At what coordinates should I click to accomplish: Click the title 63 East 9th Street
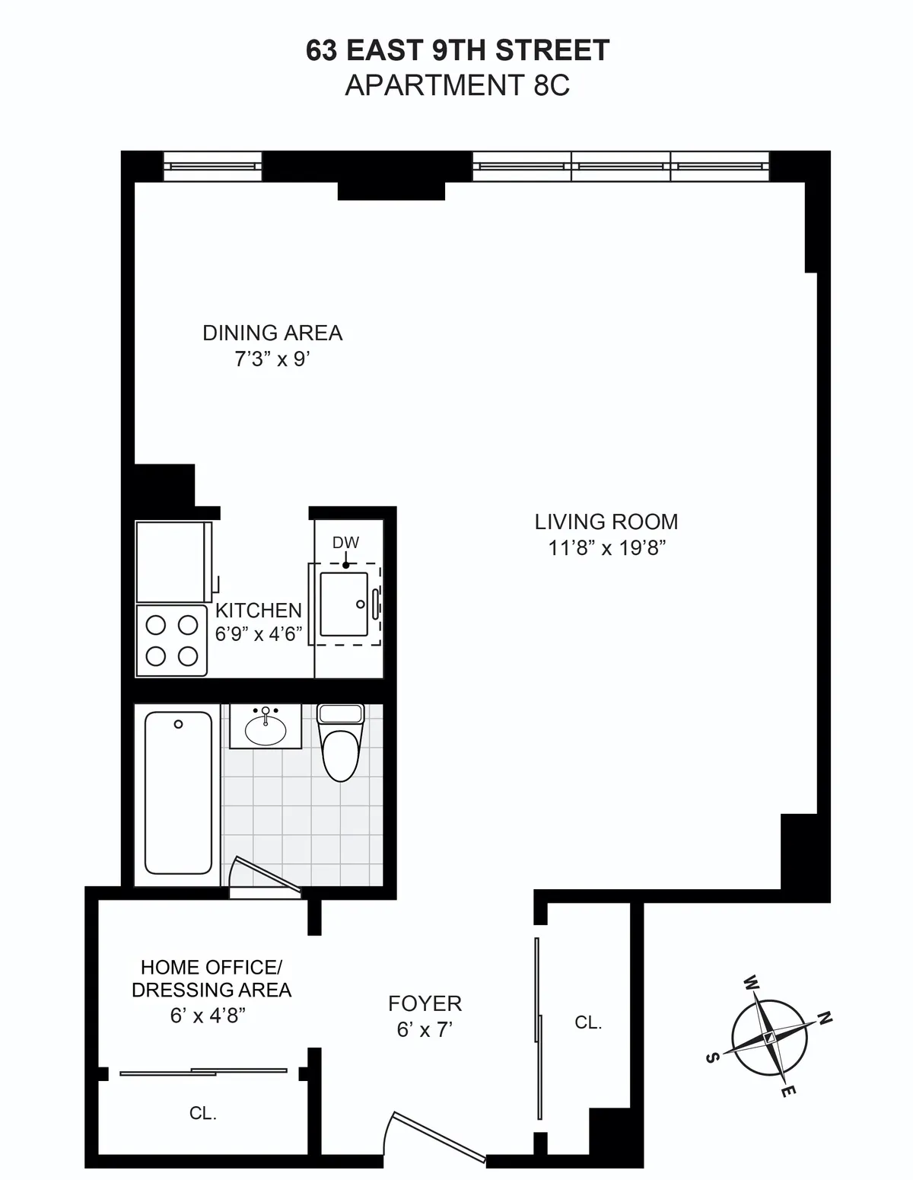click(x=457, y=51)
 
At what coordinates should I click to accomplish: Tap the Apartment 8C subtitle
click(x=457, y=85)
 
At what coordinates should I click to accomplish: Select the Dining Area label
click(x=272, y=333)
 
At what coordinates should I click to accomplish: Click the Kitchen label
click(x=259, y=611)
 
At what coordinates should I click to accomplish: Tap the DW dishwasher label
click(x=345, y=543)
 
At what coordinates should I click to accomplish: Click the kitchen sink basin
click(x=344, y=604)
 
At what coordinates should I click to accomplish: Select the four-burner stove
click(x=172, y=640)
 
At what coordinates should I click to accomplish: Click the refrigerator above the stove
click(x=173, y=562)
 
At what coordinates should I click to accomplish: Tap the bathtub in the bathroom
click(x=178, y=793)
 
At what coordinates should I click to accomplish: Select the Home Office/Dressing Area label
click(x=212, y=978)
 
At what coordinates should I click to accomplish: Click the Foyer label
click(x=425, y=1003)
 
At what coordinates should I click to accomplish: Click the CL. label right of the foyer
click(x=588, y=1022)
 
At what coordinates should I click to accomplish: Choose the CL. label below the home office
click(x=203, y=1113)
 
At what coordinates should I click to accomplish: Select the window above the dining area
click(x=213, y=165)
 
